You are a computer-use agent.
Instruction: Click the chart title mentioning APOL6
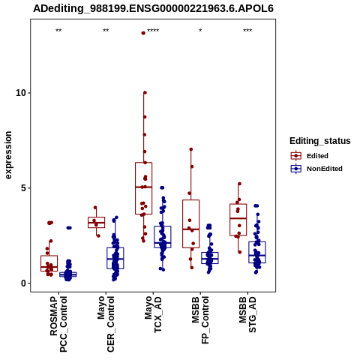tap(153, 8)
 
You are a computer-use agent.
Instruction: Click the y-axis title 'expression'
tap(8, 155)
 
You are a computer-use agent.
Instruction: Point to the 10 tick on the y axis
tap(21, 93)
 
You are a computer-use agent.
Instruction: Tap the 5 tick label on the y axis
tap(23, 188)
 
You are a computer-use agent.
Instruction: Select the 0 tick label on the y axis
tap(23, 283)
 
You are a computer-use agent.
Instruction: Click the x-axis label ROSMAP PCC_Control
tap(58, 324)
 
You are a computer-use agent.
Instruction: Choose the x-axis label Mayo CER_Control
tap(106, 324)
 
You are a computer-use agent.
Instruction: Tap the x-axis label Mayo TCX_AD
tap(153, 314)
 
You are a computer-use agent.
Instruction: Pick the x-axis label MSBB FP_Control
tap(200, 320)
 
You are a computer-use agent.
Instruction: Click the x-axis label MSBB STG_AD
tap(247, 314)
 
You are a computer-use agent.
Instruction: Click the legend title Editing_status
tap(320, 141)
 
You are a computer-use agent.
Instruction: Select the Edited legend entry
tap(310, 156)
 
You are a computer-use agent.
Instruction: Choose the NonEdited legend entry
tap(316, 169)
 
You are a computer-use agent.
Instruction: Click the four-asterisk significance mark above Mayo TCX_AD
tap(153, 31)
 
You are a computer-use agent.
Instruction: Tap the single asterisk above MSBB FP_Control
tap(200, 31)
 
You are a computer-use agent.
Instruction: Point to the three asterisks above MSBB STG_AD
tap(247, 31)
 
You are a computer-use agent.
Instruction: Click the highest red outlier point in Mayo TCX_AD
tap(143, 33)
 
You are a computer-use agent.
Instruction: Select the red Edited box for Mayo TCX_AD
tap(144, 163)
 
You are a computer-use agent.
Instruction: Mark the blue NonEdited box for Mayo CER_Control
tap(115, 247)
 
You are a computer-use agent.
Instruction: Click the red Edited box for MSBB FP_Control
tap(191, 200)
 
